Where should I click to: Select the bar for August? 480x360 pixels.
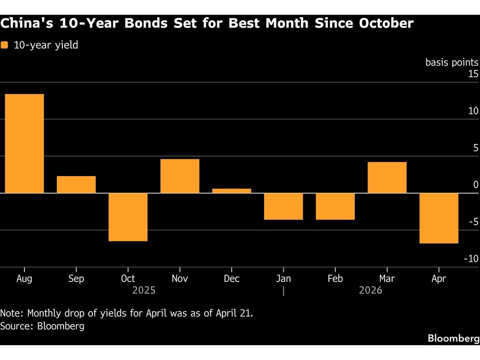pyautogui.click(x=24, y=144)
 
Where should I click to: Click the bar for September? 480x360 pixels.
pyautogui.click(x=76, y=184)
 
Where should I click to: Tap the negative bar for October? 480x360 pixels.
pyautogui.click(x=128, y=217)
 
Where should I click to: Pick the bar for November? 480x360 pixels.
pyautogui.click(x=180, y=176)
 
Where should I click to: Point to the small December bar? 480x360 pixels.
pyautogui.click(x=232, y=191)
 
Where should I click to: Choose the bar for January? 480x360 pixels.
pyautogui.click(x=283, y=206)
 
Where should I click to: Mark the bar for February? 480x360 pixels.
pyautogui.click(x=335, y=206)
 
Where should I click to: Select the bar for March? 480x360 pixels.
pyautogui.click(x=387, y=178)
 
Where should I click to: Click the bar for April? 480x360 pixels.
pyautogui.click(x=439, y=218)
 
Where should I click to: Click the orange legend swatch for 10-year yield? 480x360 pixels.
pyautogui.click(x=4, y=45)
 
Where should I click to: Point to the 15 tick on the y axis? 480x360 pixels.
pyautogui.click(x=473, y=74)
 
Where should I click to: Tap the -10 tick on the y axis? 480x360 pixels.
pyautogui.click(x=471, y=259)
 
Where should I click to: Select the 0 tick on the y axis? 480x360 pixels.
pyautogui.click(x=476, y=185)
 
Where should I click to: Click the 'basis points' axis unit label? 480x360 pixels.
pyautogui.click(x=452, y=62)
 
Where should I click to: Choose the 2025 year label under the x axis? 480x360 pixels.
pyautogui.click(x=144, y=290)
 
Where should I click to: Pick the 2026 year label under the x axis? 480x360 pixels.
pyautogui.click(x=370, y=290)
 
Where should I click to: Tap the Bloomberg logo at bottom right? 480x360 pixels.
pyautogui.click(x=453, y=338)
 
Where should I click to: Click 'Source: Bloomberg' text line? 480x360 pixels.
pyautogui.click(x=42, y=326)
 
